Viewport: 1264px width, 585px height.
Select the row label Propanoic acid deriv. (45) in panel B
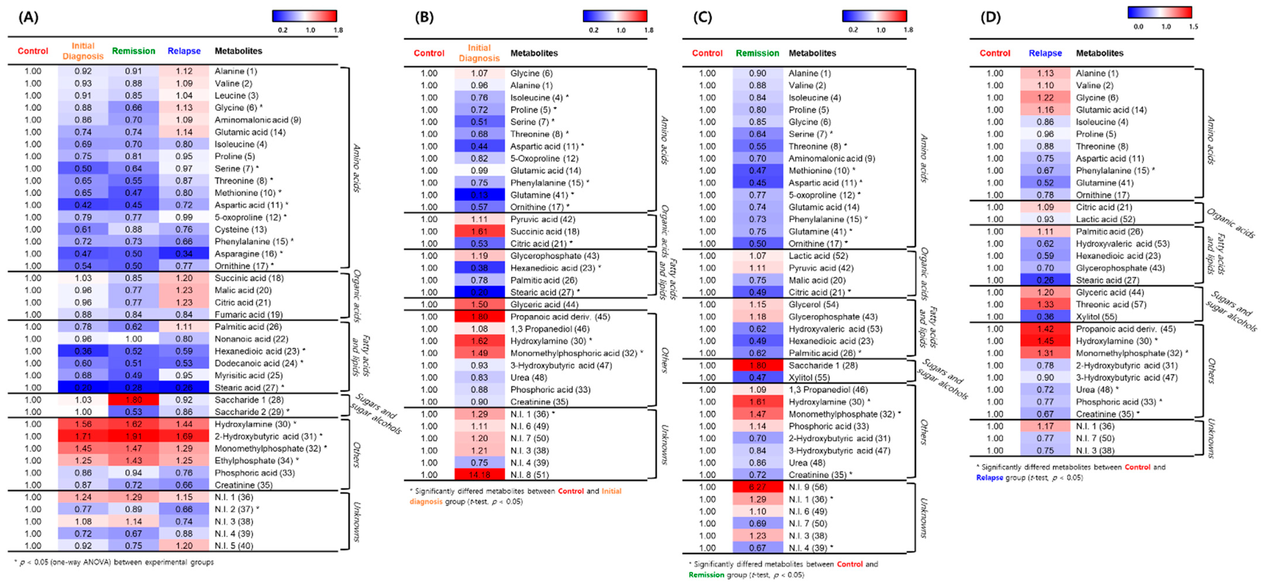click(x=560, y=316)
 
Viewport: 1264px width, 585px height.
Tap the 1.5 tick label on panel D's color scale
click(x=1193, y=27)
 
